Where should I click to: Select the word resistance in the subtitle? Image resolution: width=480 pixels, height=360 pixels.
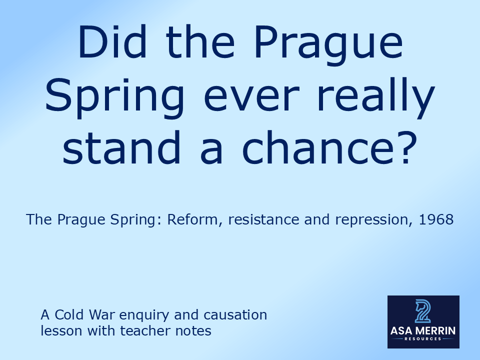pyautogui.click(x=261, y=219)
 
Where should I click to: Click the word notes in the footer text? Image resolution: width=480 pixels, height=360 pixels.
pyautogui.click(x=193, y=330)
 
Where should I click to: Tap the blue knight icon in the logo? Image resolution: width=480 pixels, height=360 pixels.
pyautogui.click(x=423, y=310)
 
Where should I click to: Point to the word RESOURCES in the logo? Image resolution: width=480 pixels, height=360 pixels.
pyautogui.click(x=423, y=339)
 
